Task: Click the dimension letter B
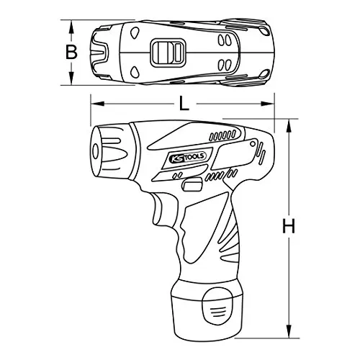point(71,53)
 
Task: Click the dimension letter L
point(184,104)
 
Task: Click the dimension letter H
point(289,226)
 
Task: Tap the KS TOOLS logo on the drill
point(188,157)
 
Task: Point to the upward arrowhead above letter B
point(71,27)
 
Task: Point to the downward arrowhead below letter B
point(71,78)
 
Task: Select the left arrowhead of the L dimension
point(97,104)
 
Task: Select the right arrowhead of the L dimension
point(268,104)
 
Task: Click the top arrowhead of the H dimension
point(289,125)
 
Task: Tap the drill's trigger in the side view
point(160,210)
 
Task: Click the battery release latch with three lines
point(217,307)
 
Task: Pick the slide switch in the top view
point(168,53)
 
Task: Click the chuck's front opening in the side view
point(96,151)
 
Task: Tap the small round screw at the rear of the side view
point(253,144)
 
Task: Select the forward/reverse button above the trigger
point(192,184)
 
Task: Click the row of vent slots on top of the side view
point(222,135)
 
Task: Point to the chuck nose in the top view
point(100,53)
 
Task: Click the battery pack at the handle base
point(207,309)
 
